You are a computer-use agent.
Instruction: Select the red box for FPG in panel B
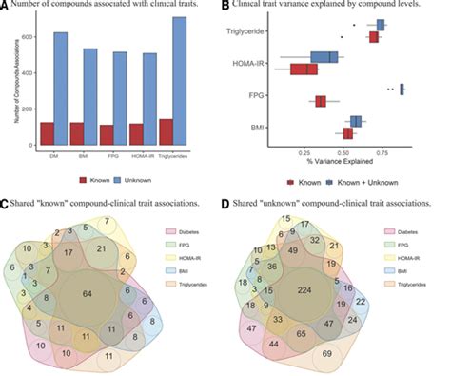(x=321, y=101)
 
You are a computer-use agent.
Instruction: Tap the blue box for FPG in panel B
(x=402, y=89)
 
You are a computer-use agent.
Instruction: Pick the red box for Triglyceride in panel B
(x=374, y=37)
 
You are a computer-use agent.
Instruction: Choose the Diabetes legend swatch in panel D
(x=389, y=230)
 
